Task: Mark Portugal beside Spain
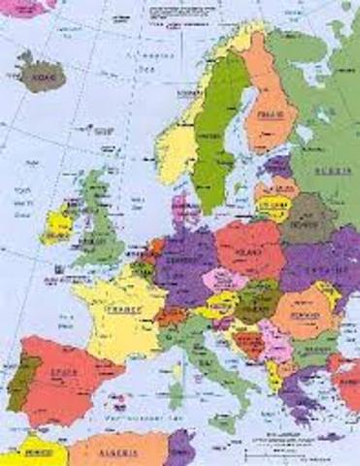tap(16, 374)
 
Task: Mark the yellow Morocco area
tap(29, 452)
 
